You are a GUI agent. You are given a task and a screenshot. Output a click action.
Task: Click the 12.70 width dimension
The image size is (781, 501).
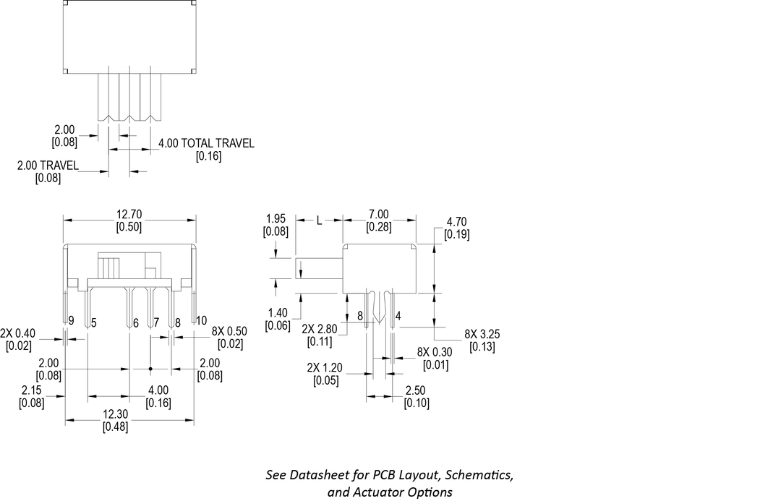pyautogui.click(x=129, y=214)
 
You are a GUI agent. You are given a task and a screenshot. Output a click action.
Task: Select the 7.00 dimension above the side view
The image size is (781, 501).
pyautogui.click(x=378, y=214)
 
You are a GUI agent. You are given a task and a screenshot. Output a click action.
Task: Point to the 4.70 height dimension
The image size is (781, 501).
pyautogui.click(x=457, y=222)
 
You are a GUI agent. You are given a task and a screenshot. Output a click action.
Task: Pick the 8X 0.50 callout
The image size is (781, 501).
pyautogui.click(x=229, y=331)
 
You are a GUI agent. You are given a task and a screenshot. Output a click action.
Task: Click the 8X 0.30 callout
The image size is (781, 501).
pyautogui.click(x=433, y=352)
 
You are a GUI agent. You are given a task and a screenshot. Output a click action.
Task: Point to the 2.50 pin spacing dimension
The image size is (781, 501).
pyautogui.click(x=417, y=390)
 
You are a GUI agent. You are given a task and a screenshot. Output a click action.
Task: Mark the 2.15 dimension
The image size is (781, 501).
pyautogui.click(x=32, y=390)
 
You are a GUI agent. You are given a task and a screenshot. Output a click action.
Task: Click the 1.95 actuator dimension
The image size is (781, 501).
pyautogui.click(x=277, y=218)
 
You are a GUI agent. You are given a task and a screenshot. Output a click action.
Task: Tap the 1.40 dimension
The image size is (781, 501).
pyautogui.click(x=278, y=313)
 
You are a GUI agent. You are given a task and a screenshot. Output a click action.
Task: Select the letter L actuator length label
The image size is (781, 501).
pyautogui.click(x=319, y=220)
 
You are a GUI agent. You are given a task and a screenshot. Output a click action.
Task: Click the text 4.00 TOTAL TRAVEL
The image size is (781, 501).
pyautogui.click(x=207, y=143)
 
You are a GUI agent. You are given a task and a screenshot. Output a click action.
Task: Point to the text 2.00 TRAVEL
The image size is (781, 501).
pyautogui.click(x=48, y=166)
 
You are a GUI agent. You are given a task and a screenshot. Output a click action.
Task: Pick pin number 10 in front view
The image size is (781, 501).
pyautogui.click(x=201, y=320)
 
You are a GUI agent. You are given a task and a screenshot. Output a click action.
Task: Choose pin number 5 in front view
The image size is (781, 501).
pyautogui.click(x=94, y=322)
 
